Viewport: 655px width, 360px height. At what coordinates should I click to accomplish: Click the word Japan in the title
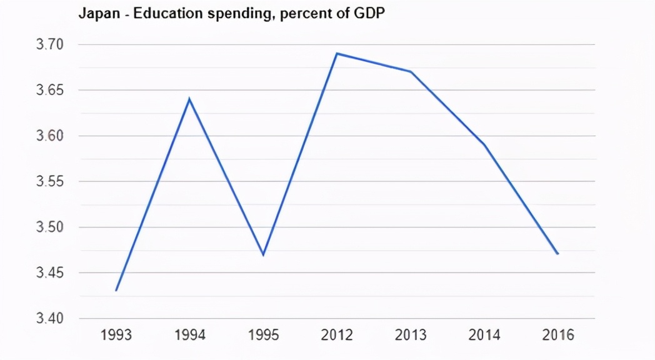pos(96,14)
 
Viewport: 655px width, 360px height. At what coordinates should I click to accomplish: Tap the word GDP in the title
pos(369,14)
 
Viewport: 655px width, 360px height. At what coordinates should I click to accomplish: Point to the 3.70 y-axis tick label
pos(52,44)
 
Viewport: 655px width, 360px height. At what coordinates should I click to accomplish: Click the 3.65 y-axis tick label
pos(52,91)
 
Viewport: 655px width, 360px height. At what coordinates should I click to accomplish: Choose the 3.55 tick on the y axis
pos(52,182)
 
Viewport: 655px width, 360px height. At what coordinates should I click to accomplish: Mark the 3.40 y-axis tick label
pos(52,319)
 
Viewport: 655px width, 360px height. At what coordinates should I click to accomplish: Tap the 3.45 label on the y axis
pos(52,273)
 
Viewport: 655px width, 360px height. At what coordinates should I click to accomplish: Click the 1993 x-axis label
pos(116,336)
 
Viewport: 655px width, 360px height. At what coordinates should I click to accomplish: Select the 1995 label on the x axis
pos(263,336)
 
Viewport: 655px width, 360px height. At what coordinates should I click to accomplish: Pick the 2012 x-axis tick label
pos(337,336)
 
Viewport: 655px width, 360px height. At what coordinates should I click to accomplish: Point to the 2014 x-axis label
pos(484,336)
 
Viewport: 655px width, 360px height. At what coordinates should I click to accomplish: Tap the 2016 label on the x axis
pos(558,336)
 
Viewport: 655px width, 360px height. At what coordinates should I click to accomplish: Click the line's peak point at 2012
pos(337,54)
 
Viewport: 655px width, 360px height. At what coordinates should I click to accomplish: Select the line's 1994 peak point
pos(189,99)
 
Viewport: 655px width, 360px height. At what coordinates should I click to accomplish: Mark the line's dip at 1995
pos(263,254)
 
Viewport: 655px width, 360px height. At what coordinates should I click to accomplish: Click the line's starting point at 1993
pos(116,291)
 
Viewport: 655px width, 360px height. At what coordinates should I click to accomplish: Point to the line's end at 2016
pos(557,254)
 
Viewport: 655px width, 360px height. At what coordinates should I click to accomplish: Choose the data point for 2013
pos(411,72)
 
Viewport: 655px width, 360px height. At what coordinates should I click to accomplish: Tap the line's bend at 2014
pos(484,145)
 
